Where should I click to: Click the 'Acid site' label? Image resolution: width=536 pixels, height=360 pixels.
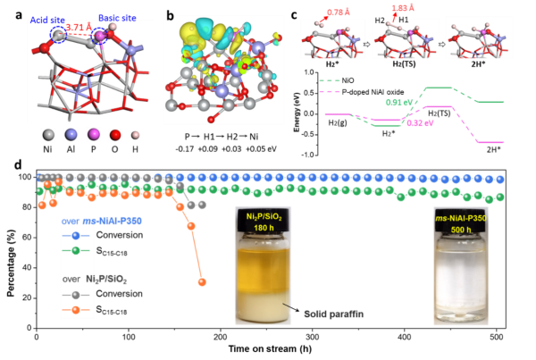[x=46, y=19]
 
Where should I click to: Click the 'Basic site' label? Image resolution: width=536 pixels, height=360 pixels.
[x=117, y=17]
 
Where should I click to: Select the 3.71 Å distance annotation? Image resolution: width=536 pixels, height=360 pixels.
[x=79, y=28]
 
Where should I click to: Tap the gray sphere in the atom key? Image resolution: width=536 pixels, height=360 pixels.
[x=48, y=135]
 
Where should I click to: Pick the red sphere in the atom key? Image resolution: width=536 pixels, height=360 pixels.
[x=115, y=135]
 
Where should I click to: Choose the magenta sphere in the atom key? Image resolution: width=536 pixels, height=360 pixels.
[x=93, y=135]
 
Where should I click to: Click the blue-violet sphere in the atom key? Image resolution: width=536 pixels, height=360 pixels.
[x=71, y=135]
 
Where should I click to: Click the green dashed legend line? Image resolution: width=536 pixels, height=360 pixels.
[x=330, y=80]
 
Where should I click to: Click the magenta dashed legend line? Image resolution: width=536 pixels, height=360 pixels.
[x=330, y=91]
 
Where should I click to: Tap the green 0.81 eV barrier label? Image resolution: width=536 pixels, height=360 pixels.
[x=398, y=103]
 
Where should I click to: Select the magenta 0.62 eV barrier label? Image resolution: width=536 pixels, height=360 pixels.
[x=420, y=123]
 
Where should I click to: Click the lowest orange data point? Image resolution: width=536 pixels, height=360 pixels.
[x=202, y=282]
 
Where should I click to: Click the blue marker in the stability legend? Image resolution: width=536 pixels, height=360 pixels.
[x=75, y=236]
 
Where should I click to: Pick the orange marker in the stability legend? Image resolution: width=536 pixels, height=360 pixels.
[x=75, y=309]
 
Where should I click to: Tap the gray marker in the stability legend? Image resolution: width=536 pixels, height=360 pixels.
[x=75, y=294]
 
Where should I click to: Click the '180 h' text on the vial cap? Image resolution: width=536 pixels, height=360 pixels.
[x=263, y=228]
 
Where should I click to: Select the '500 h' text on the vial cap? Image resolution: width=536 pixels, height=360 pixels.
[x=460, y=229]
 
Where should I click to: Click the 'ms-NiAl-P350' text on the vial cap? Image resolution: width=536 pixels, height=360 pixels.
[x=460, y=217]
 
